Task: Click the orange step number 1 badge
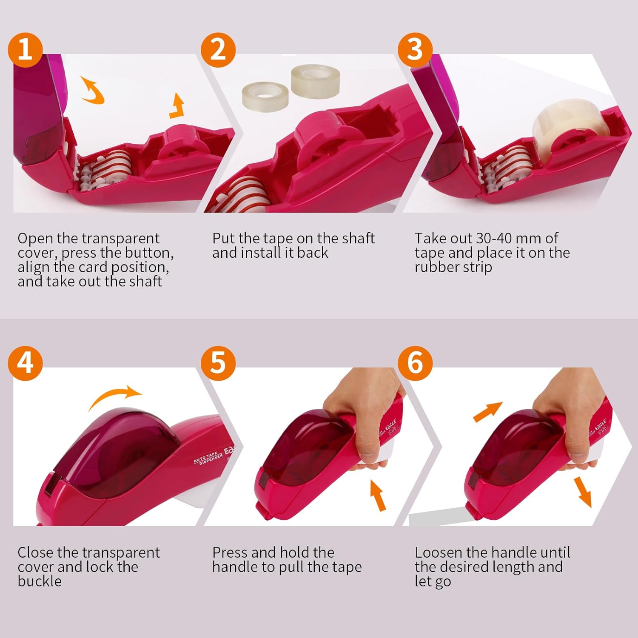click(x=25, y=50)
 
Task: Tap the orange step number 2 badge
click(x=218, y=50)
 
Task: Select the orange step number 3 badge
click(x=415, y=50)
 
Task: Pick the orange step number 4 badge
click(x=25, y=363)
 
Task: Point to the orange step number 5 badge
click(x=218, y=363)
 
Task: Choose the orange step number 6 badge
click(x=415, y=363)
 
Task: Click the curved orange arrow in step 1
click(x=93, y=90)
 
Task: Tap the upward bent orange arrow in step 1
click(x=177, y=106)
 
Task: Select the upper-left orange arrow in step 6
click(x=488, y=412)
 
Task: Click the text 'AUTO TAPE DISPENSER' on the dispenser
click(x=208, y=458)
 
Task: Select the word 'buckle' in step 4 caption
click(x=40, y=581)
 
